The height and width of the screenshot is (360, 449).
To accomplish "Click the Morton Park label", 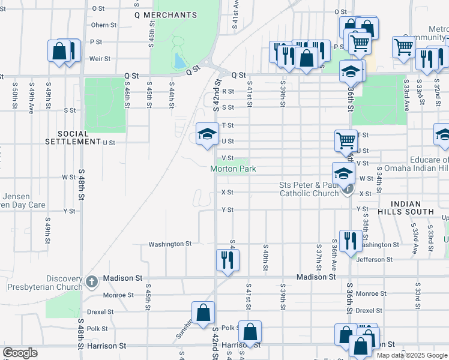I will pyautogui.click(x=233, y=169).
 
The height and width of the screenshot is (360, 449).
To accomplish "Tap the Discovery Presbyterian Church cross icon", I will pyautogui.click(x=91, y=281).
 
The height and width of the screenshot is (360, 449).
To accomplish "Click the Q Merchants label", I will pyautogui.click(x=166, y=14).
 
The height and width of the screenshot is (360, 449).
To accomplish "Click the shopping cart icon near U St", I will pyautogui.click(x=346, y=141).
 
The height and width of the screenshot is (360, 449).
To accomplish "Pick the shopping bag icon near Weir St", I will pyautogui.click(x=61, y=51).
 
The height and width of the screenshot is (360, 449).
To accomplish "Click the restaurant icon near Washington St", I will pyautogui.click(x=350, y=241).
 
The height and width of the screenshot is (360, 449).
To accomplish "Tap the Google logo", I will pyautogui.click(x=20, y=353).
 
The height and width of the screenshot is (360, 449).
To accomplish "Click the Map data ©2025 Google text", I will pyautogui.click(x=412, y=355).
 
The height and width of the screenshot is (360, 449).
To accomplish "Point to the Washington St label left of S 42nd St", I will pyautogui.click(x=170, y=244).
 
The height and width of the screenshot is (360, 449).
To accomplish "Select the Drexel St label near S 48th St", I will pyautogui.click(x=100, y=311).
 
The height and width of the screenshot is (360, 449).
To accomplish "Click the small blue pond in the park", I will pyautogui.click(x=178, y=61).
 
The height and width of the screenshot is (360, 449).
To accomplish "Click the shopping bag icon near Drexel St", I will pyautogui.click(x=203, y=313).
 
